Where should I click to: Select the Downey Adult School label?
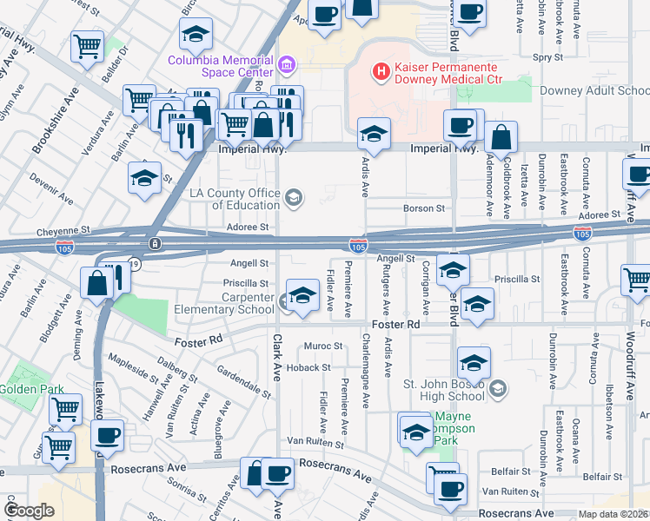tap(594, 90)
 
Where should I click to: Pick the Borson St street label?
tap(424, 208)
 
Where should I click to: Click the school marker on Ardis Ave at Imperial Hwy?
tap(375, 134)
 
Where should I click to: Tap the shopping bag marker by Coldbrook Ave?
tap(502, 137)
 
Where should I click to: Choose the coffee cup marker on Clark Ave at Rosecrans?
tap(278, 474)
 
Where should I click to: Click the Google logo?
tap(29, 510)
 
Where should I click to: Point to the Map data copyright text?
tap(613, 514)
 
